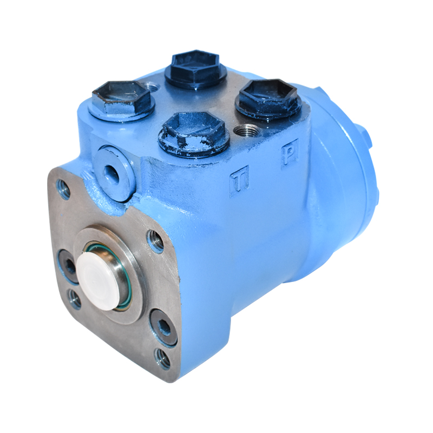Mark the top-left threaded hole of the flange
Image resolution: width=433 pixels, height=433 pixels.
point(64,189)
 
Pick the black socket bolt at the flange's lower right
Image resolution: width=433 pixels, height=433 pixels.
point(162,326)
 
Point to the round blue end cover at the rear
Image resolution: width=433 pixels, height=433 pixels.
point(346,179)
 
